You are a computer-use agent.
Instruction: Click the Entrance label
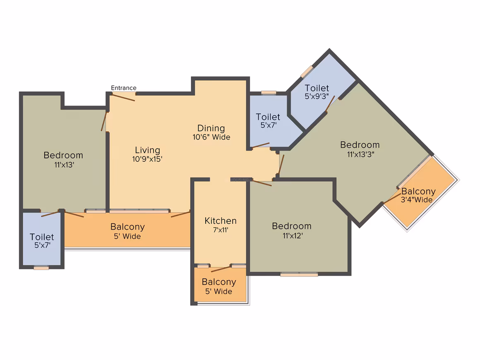pos(124,88)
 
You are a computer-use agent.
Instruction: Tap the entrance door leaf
pos(123,97)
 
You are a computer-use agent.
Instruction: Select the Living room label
pos(147,150)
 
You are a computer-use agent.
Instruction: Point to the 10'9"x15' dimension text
pos(148,158)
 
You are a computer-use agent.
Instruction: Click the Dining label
pos(211,128)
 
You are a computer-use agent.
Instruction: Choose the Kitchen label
pos(221,221)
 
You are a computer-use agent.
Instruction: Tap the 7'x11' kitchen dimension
pos(220,230)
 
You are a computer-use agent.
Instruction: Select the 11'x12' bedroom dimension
pos(291,235)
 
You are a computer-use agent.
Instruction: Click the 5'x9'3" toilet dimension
pos(317,97)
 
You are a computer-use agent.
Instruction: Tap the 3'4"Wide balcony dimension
pos(418,200)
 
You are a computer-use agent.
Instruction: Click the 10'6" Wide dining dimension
pos(211,137)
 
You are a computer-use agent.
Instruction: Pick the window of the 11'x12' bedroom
pos(299,274)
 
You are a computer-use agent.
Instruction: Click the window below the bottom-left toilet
pos(41,268)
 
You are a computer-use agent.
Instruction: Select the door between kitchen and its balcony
pos(221,269)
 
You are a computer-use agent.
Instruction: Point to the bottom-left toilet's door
pos(50,214)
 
